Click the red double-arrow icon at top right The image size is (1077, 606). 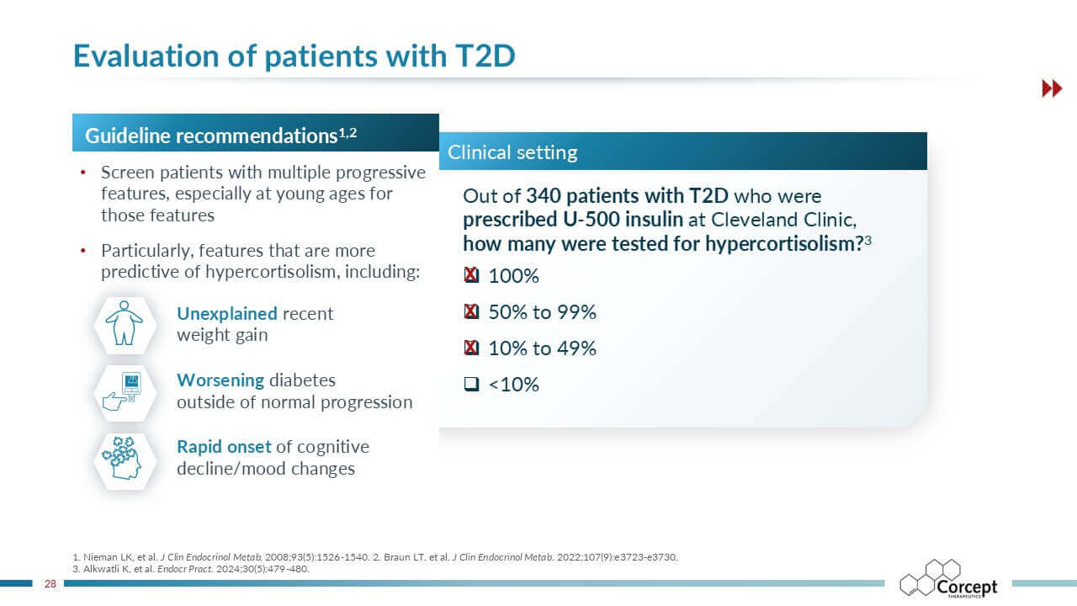click(1052, 88)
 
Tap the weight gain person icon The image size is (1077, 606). click(125, 324)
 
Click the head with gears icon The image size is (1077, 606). click(125, 459)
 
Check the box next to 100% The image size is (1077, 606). click(471, 276)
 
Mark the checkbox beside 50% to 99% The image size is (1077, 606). click(471, 312)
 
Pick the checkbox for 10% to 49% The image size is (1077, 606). click(471, 348)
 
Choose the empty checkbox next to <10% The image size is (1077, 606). click(471, 385)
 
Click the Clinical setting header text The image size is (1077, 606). click(512, 152)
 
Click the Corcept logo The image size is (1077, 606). click(948, 580)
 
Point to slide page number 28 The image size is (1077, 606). click(50, 583)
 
